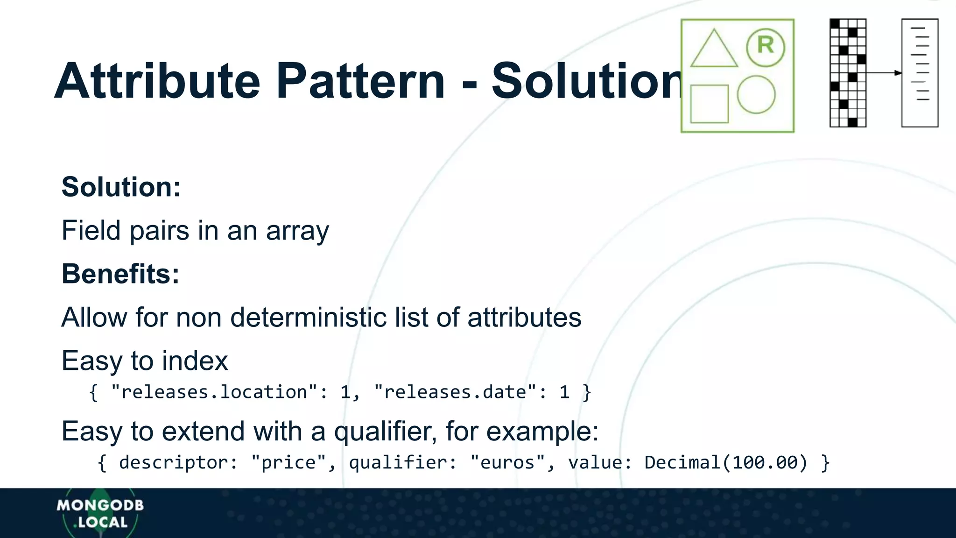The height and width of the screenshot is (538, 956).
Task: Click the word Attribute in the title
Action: (157, 82)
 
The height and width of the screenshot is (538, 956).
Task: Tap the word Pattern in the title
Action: (360, 82)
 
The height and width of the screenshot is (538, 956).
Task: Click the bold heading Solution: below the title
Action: (121, 187)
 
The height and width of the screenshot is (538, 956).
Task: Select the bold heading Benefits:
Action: (120, 274)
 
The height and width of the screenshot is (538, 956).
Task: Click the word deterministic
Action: (308, 318)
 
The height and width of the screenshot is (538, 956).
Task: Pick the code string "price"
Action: (288, 463)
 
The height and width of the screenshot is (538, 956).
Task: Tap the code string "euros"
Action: (507, 463)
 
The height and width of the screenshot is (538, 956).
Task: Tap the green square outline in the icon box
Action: (709, 104)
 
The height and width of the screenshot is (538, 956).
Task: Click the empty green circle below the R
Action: (756, 95)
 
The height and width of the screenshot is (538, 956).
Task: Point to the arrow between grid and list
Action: (884, 73)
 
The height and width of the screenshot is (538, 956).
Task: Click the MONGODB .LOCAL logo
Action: (100, 513)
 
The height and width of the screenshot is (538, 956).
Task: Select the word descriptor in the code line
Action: (173, 463)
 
